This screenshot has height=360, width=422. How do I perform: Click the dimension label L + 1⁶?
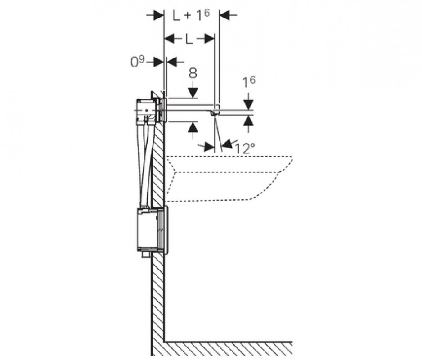191,15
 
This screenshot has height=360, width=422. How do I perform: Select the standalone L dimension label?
189,39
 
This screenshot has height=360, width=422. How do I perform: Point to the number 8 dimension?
193,73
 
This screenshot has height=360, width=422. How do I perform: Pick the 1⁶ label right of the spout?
249,82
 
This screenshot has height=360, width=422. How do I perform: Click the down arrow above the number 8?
193,91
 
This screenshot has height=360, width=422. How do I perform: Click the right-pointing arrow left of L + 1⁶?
155,15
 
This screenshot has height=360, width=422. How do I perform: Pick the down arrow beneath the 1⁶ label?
248,102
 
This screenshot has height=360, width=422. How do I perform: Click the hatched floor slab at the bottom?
225,349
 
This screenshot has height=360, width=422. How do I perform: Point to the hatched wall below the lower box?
157,297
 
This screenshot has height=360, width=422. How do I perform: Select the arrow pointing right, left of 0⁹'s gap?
157,62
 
